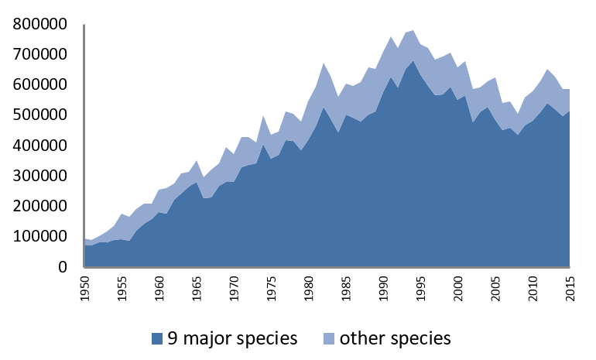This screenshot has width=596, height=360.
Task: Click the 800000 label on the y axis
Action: [x=40, y=24]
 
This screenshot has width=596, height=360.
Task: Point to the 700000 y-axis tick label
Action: [x=40, y=54]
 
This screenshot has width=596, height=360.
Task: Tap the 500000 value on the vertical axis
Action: [x=40, y=115]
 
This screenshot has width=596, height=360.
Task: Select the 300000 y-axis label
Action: [x=40, y=176]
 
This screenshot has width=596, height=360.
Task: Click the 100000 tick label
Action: [x=40, y=237]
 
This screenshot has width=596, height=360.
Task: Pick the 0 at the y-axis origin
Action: [x=69, y=267]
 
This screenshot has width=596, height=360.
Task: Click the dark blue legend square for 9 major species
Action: [x=158, y=338]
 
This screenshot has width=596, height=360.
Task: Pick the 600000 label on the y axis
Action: [x=40, y=84]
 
